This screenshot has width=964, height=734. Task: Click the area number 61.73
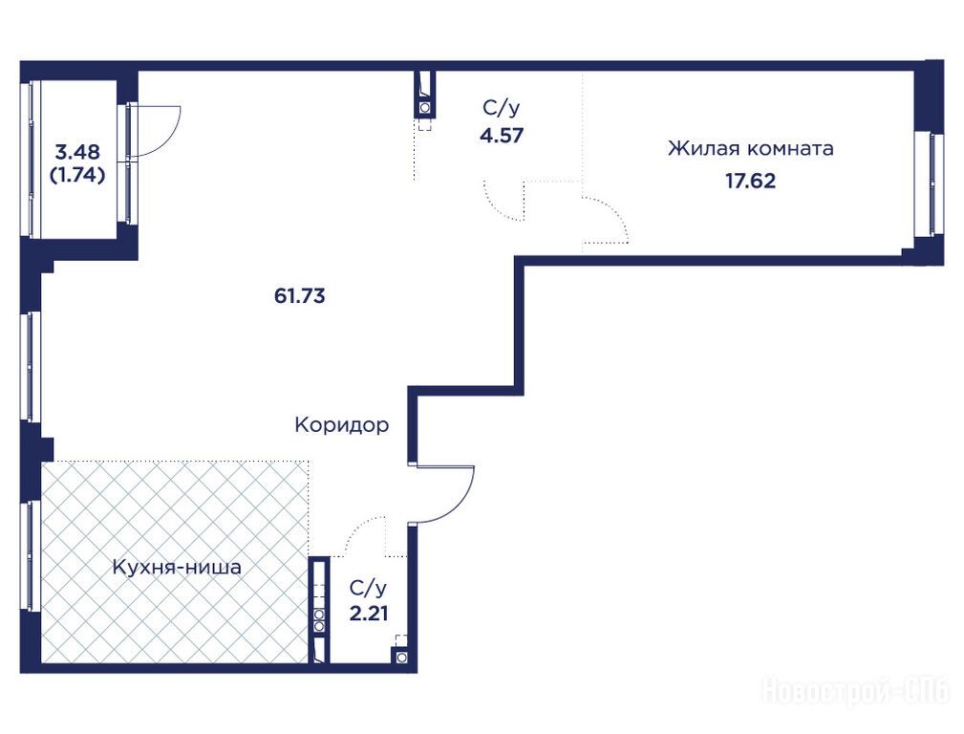pos(299,296)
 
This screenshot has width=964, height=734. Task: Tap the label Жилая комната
pos(751,148)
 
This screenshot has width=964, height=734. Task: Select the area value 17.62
pos(751,181)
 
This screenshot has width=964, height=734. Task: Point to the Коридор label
pos(342,424)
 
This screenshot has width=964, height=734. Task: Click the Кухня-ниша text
pos(177,568)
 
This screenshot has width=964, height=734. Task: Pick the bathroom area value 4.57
pos(502,135)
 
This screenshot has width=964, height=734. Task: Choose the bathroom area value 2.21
pos(368,614)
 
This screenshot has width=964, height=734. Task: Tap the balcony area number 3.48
pos(77,151)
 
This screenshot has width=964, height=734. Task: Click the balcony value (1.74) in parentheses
pos(77,175)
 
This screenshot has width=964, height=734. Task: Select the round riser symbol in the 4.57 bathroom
pos(425,108)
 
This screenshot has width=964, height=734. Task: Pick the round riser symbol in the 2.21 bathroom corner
pos(401,658)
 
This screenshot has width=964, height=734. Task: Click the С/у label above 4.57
pos(501,109)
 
